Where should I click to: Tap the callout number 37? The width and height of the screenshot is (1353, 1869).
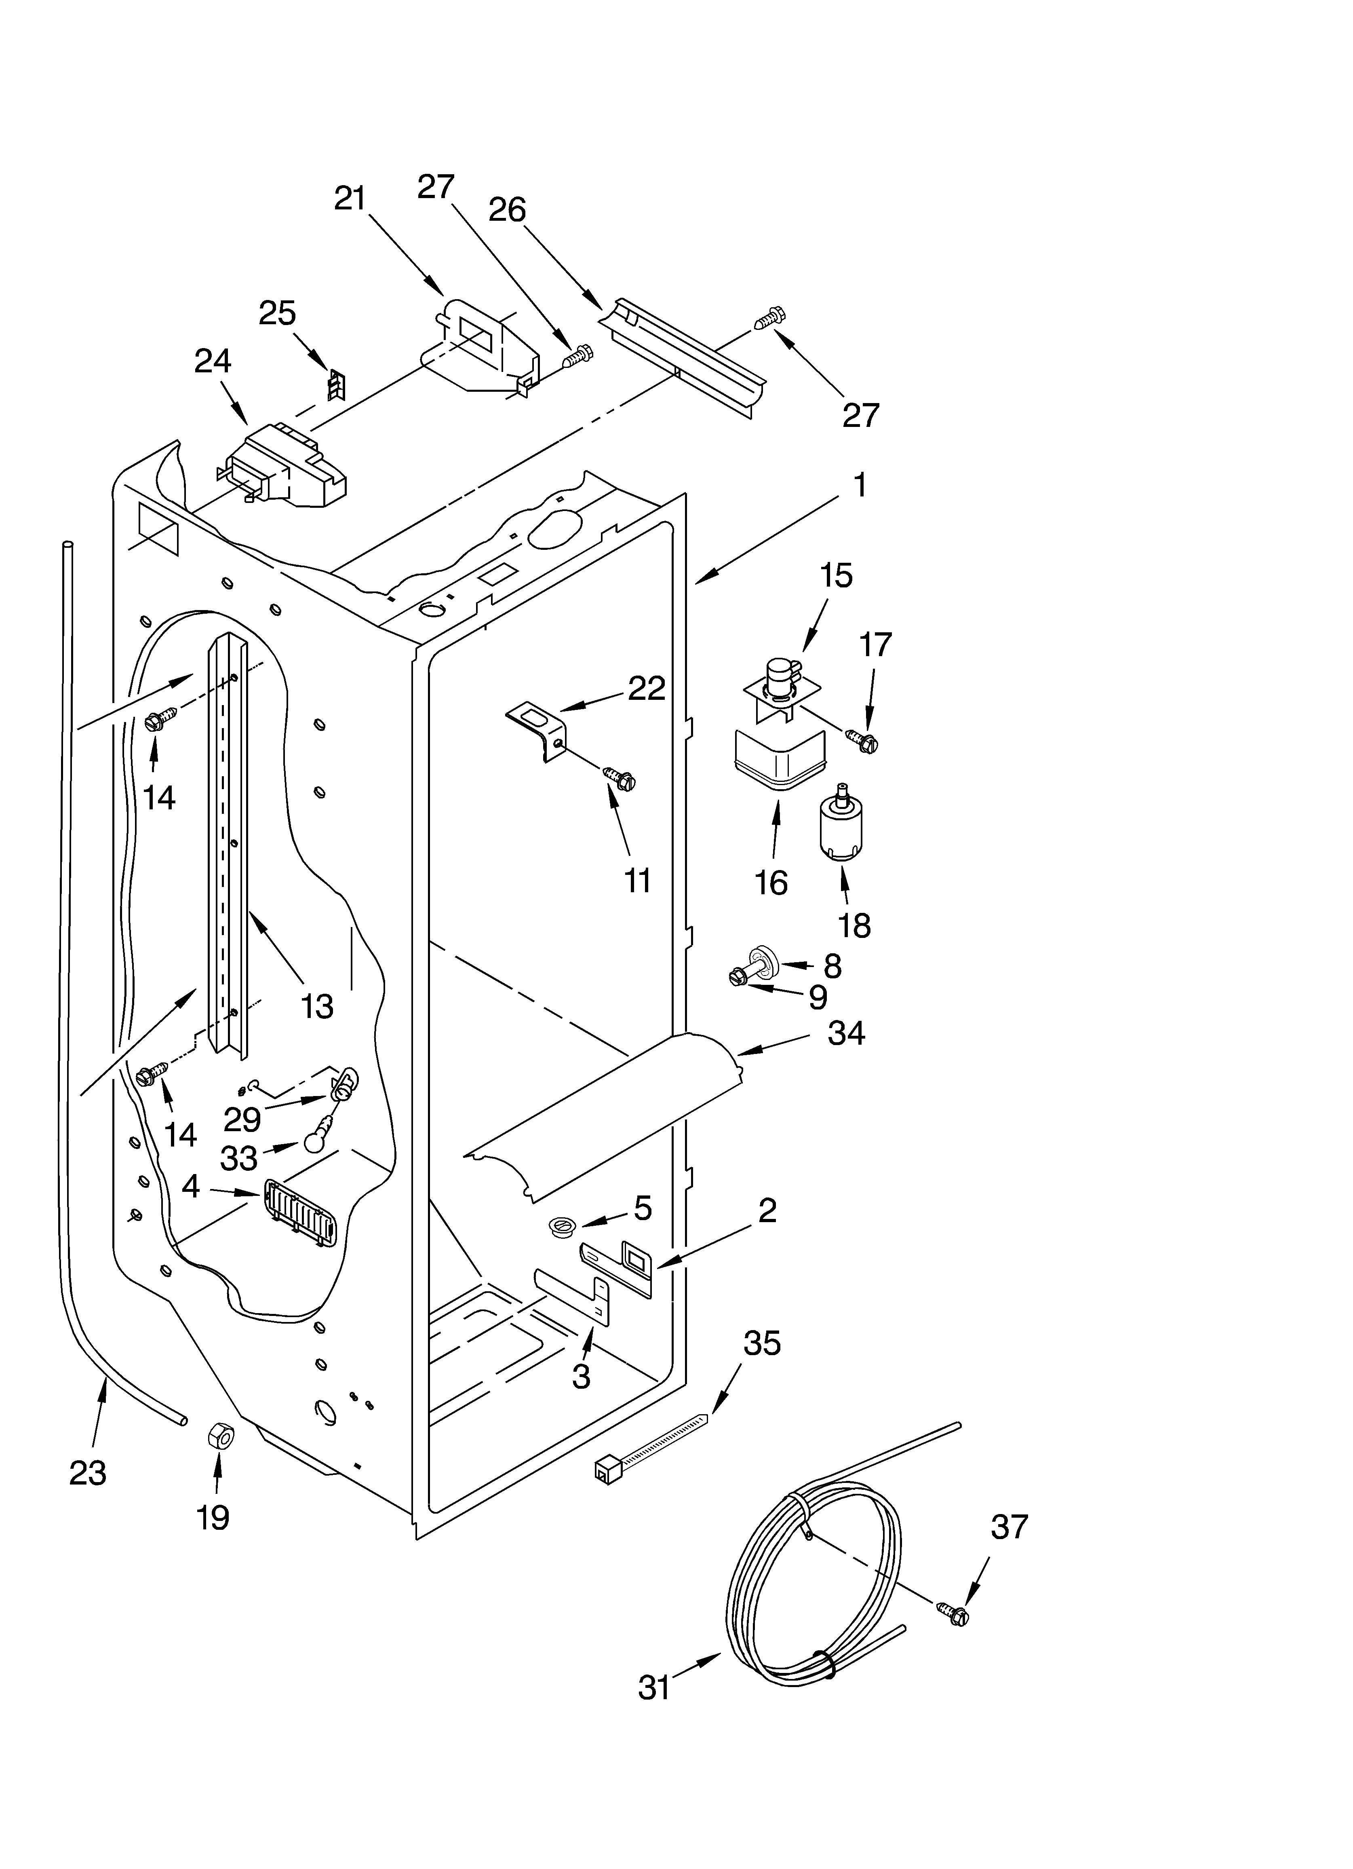click(1009, 1527)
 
